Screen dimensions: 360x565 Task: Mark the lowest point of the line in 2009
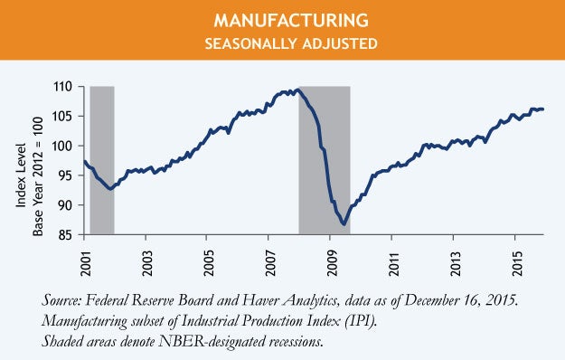point(344,223)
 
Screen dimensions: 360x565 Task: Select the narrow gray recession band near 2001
point(102,160)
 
